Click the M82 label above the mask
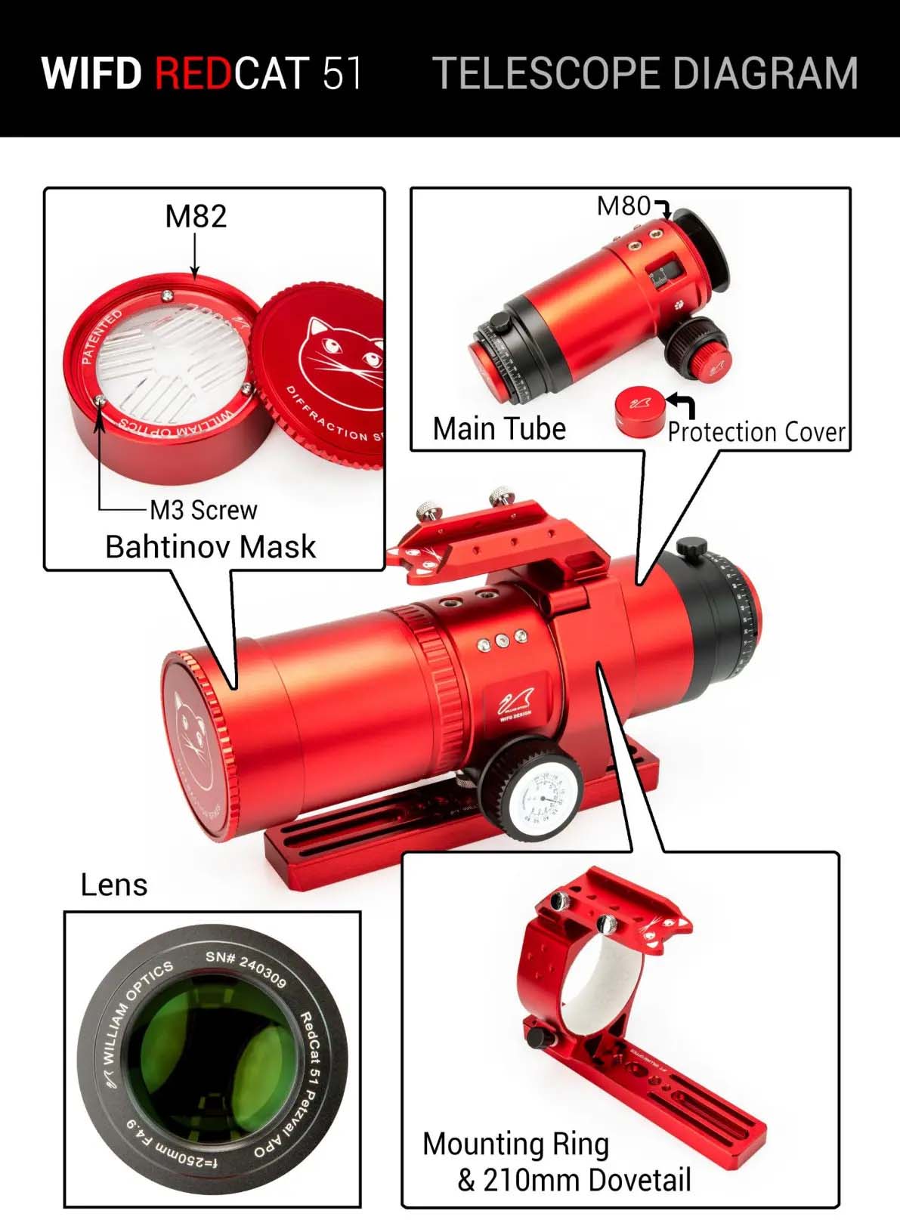pos(196,217)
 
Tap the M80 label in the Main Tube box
pos(623,206)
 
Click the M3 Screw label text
pos(203,510)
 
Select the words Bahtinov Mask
pos(210,547)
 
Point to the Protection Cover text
pos(756,432)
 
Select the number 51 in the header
pos(342,73)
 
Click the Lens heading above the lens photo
pos(114,885)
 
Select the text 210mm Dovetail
pos(586,1179)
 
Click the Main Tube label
pos(499,429)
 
